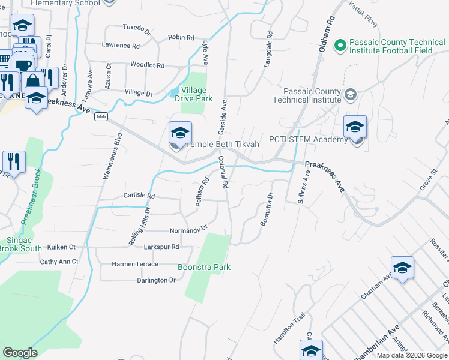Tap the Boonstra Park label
204,267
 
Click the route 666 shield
100,117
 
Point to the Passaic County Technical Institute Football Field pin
340,45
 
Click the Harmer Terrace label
135,264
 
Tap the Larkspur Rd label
161,247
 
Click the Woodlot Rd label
147,64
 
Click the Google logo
20,353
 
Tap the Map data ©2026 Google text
412,355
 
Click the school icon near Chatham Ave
402,269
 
